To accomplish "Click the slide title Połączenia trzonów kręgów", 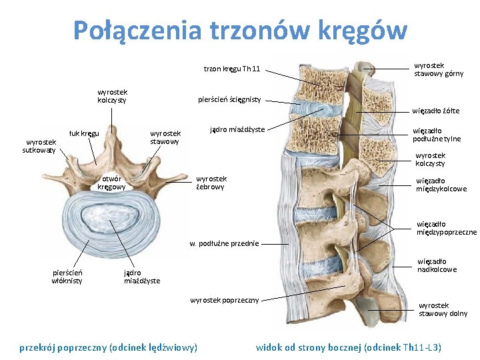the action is [239, 29].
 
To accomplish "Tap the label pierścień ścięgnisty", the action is [229, 100].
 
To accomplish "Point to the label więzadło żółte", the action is [435, 111].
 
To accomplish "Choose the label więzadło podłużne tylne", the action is [437, 135].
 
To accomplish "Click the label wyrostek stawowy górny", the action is [438, 69].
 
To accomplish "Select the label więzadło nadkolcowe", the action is [437, 265].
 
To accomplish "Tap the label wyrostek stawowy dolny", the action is [443, 309].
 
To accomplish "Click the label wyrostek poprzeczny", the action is [224, 300].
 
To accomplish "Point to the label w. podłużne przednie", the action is [224, 243].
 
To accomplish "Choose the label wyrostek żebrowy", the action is [211, 183].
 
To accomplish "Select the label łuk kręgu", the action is [85, 133].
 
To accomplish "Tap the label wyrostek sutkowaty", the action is [40, 146].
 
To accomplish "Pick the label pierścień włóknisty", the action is [67, 276].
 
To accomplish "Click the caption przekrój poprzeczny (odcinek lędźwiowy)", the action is [109, 347].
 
